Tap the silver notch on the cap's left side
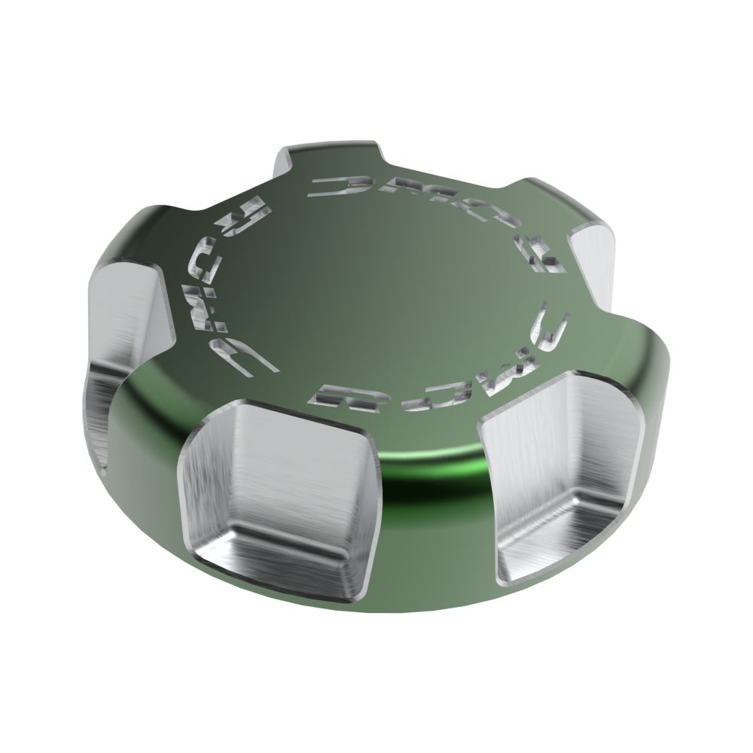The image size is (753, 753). [x=124, y=331]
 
